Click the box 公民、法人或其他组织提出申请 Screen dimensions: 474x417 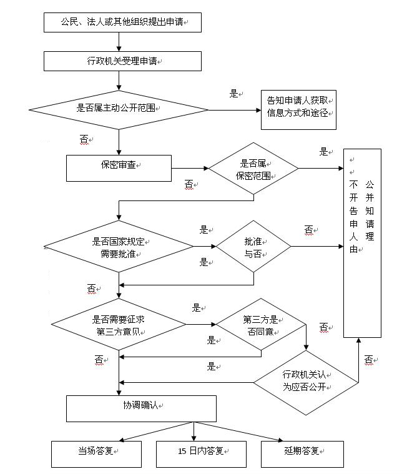click(x=122, y=22)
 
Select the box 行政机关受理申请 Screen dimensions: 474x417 click(x=122, y=61)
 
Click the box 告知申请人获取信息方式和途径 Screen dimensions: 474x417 click(x=298, y=109)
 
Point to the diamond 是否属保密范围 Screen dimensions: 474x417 click(x=253, y=169)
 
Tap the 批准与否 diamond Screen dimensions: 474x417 click(x=253, y=246)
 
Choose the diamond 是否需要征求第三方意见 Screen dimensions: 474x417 click(x=119, y=324)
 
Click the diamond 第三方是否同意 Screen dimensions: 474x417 click(x=260, y=324)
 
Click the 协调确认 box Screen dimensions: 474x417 click(x=141, y=408)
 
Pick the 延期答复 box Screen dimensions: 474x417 click(x=302, y=454)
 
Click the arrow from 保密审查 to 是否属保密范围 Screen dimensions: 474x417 click(x=190, y=168)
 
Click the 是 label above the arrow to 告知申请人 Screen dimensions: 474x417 click(x=234, y=94)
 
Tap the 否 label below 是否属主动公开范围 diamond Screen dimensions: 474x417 click(x=85, y=140)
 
